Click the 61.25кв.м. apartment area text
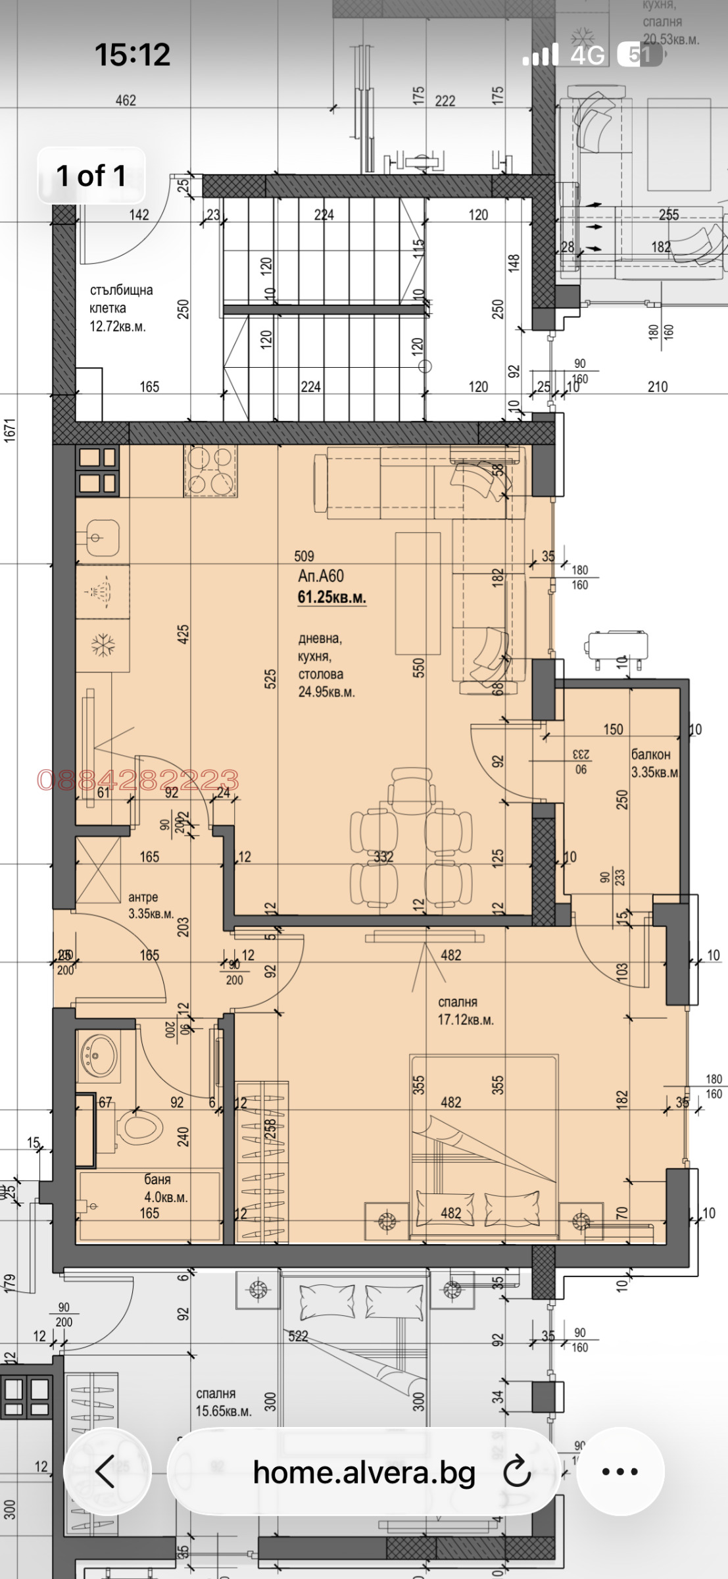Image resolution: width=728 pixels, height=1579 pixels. click(x=331, y=597)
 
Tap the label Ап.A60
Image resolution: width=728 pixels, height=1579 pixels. click(x=320, y=576)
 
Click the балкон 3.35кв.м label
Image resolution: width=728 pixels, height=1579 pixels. click(x=654, y=763)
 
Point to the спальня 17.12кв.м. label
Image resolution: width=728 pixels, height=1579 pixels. click(x=465, y=1011)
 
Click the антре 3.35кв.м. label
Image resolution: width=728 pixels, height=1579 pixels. click(x=150, y=905)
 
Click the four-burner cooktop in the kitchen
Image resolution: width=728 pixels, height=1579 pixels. click(x=210, y=470)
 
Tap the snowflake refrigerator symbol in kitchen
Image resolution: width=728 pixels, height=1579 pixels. click(x=103, y=645)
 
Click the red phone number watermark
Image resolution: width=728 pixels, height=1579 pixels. click(x=137, y=780)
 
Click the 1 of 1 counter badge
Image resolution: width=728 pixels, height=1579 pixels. click(x=91, y=176)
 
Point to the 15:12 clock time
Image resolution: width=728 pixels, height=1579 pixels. click(x=132, y=55)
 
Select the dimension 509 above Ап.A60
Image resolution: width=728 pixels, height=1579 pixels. click(x=304, y=557)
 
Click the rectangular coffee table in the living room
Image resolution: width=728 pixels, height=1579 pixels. click(x=417, y=593)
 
